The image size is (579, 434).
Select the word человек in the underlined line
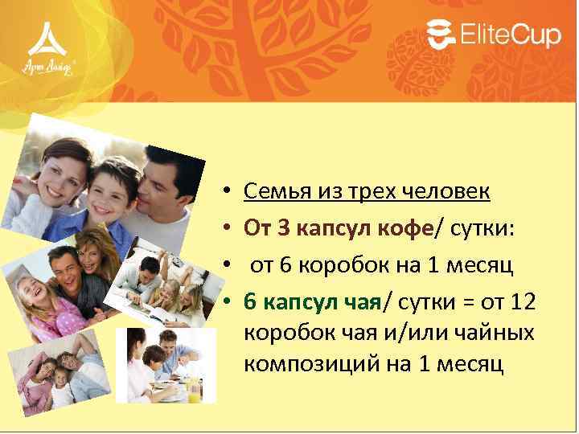(457, 192)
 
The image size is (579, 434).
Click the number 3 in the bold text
(283, 231)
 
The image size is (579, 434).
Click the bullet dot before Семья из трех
(228, 193)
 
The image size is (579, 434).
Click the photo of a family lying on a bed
(60, 370)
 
